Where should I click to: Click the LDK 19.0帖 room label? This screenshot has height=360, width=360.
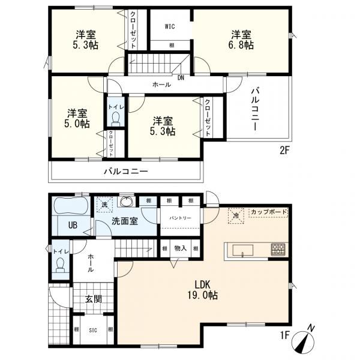201,289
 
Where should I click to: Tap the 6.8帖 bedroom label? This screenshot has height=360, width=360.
238,39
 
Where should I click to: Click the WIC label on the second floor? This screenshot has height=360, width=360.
170,27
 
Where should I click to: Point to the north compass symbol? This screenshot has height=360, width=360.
304,340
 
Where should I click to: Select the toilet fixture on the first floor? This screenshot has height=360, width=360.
59,268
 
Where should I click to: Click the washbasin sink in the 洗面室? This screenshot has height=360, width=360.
127,202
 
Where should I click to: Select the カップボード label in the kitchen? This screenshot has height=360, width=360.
268,212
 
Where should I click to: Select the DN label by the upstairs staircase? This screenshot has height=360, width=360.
180,77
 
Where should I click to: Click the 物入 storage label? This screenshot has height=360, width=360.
180,248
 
